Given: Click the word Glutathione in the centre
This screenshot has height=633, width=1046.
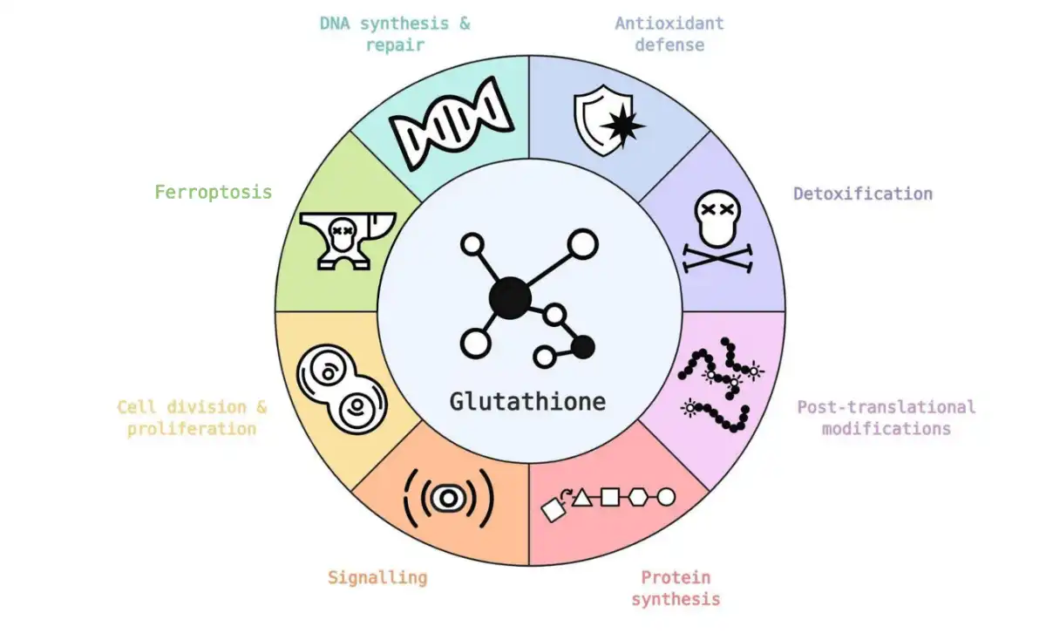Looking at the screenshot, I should (x=527, y=402).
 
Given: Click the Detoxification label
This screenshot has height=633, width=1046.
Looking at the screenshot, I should (x=862, y=194).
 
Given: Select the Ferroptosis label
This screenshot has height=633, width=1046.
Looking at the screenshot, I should (x=213, y=192).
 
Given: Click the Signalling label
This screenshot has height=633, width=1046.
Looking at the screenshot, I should (x=377, y=577).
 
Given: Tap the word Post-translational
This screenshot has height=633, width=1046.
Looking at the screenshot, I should (x=886, y=407).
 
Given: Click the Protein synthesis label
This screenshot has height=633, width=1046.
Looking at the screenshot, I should (x=676, y=588).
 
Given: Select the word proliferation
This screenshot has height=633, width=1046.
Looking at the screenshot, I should (x=192, y=429).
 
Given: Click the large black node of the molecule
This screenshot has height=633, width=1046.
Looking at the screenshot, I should (x=509, y=299).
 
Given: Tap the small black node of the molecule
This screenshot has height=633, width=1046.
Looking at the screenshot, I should (x=582, y=347).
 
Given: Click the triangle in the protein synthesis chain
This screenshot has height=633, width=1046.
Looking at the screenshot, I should (x=582, y=497).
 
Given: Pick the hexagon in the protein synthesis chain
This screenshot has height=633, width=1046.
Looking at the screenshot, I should (x=638, y=497).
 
